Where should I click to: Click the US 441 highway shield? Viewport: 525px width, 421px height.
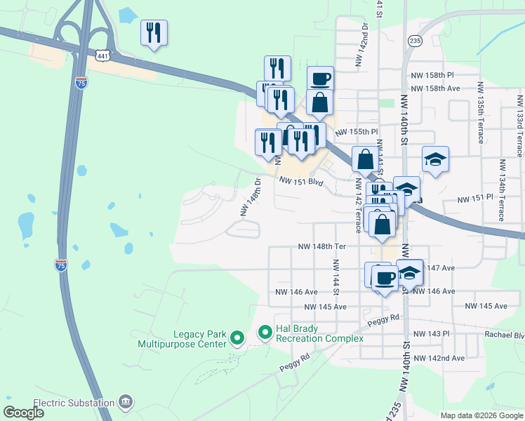(x=102, y=55)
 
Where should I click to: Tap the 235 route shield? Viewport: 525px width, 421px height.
(x=415, y=41)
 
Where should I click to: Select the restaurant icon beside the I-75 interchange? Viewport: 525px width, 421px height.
(x=154, y=33)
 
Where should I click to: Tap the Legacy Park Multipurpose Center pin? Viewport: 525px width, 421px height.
(x=237, y=338)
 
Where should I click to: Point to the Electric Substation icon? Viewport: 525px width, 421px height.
(x=126, y=402)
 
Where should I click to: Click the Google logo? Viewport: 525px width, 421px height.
(x=24, y=412)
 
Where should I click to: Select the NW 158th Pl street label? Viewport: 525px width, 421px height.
(x=434, y=75)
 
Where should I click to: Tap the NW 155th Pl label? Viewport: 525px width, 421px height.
(x=357, y=132)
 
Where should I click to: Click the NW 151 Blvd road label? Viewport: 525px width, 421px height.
(x=300, y=181)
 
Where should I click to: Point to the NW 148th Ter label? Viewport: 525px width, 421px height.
(x=322, y=247)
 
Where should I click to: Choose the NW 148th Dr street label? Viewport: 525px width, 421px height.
(x=251, y=196)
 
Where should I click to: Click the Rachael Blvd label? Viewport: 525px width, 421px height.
(x=504, y=335)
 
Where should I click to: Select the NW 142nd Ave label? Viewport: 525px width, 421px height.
(x=439, y=359)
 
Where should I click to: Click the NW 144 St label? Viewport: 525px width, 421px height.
(x=336, y=277)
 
